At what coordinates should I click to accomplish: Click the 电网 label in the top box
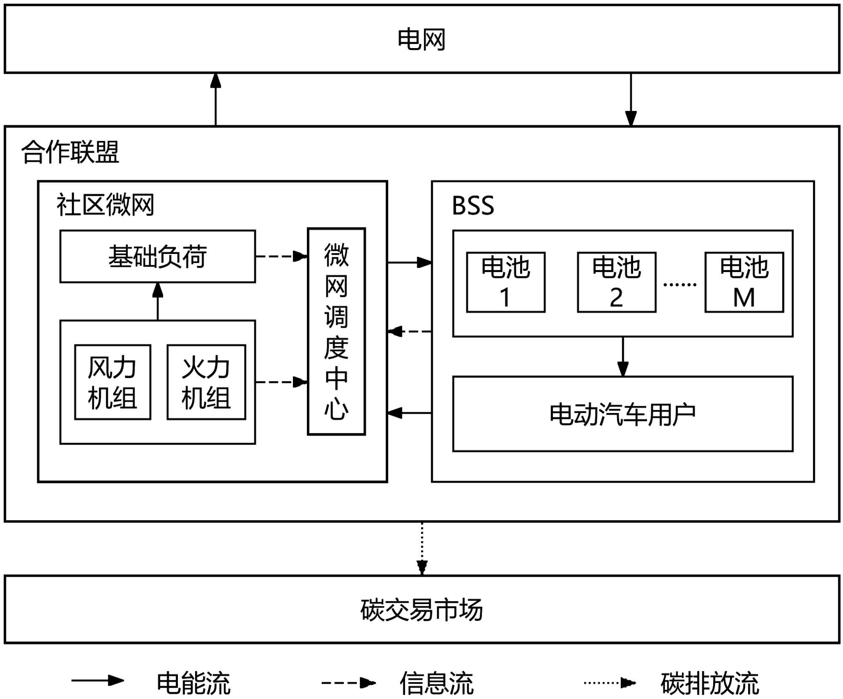(421, 40)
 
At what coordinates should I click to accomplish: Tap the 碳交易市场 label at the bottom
(421, 610)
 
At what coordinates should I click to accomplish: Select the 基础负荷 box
(158, 256)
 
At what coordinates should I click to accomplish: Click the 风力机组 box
(113, 382)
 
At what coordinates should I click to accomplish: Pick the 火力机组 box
(206, 382)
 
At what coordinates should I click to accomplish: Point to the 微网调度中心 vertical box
(336, 331)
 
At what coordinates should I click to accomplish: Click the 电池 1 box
(505, 282)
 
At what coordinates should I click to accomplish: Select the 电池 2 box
(616, 282)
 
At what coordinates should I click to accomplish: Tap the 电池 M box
(744, 282)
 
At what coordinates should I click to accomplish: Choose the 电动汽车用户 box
(623, 414)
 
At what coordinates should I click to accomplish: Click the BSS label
(473, 206)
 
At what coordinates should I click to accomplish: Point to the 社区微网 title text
(105, 205)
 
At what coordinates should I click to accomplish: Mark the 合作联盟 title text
(70, 152)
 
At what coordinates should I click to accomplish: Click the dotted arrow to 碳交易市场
(422, 548)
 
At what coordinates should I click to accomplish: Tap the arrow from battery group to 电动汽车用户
(623, 356)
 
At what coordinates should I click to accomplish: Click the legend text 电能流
(193, 683)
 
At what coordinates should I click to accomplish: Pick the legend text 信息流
(437, 683)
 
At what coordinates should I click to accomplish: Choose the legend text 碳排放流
(710, 683)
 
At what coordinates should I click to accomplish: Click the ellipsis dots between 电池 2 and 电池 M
(680, 285)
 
